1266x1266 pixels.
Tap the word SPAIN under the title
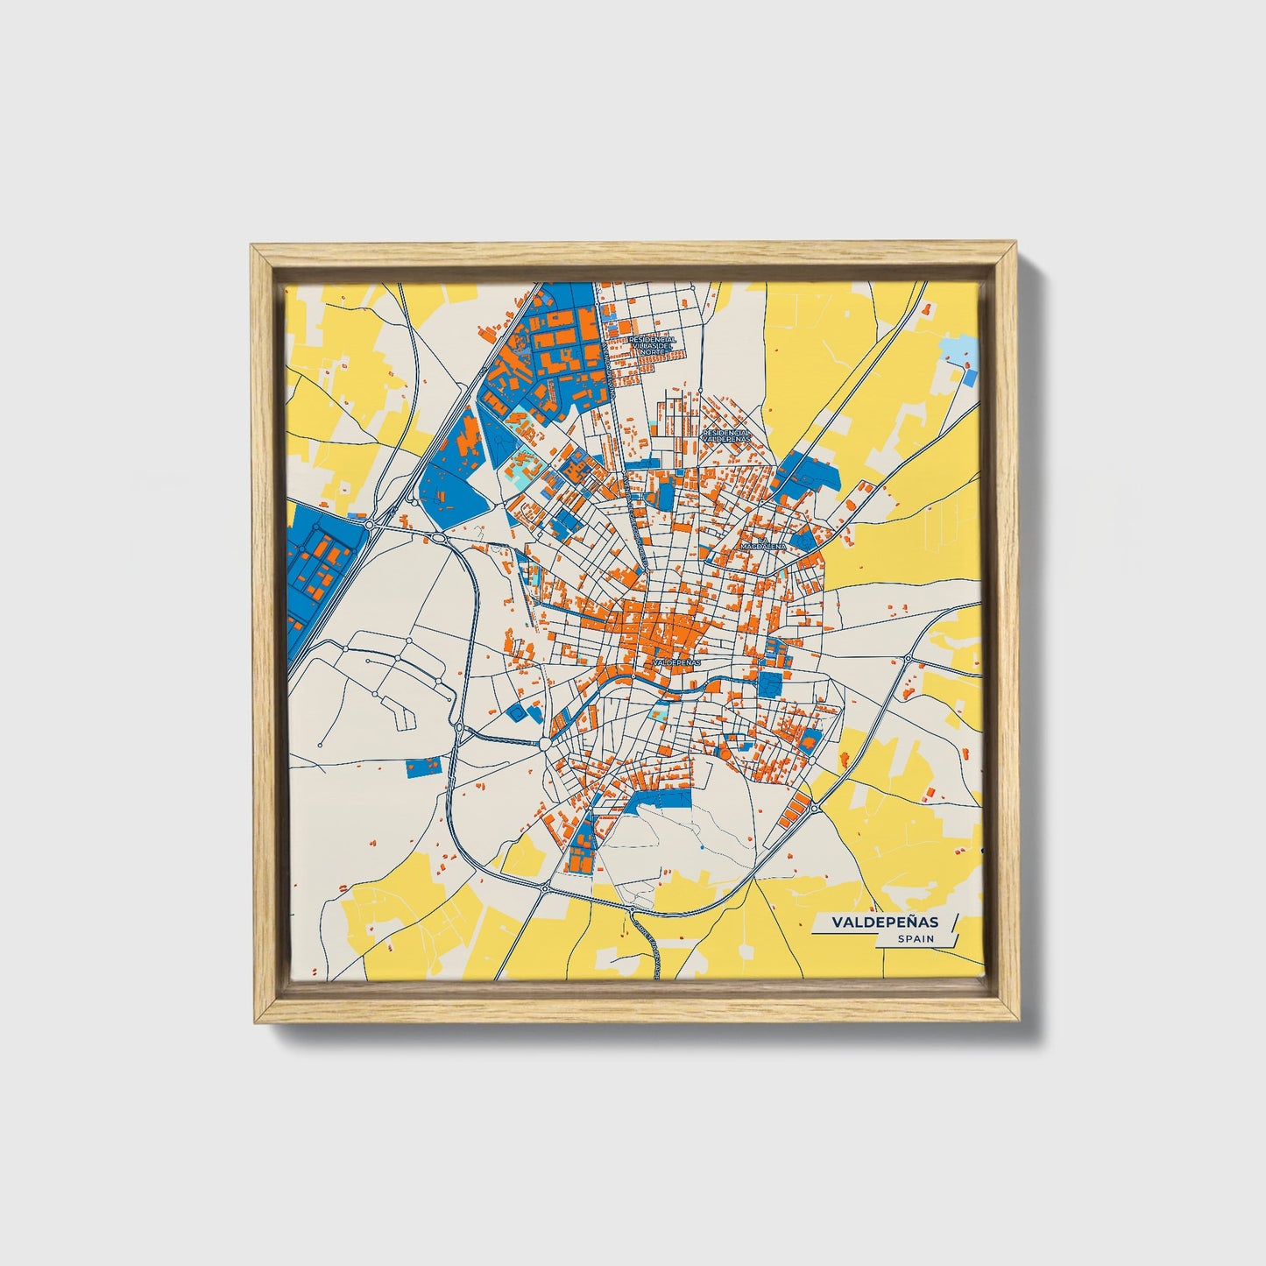[x=916, y=938]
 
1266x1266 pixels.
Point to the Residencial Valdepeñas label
[x=726, y=435]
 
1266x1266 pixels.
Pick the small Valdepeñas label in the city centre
[x=677, y=663]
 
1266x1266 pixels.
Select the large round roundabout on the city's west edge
[x=544, y=744]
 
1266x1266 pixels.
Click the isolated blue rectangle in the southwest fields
[x=425, y=767]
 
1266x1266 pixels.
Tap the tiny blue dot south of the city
[x=701, y=848]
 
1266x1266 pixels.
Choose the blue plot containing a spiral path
[x=518, y=713]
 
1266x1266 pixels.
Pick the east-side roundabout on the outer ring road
[x=909, y=658]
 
